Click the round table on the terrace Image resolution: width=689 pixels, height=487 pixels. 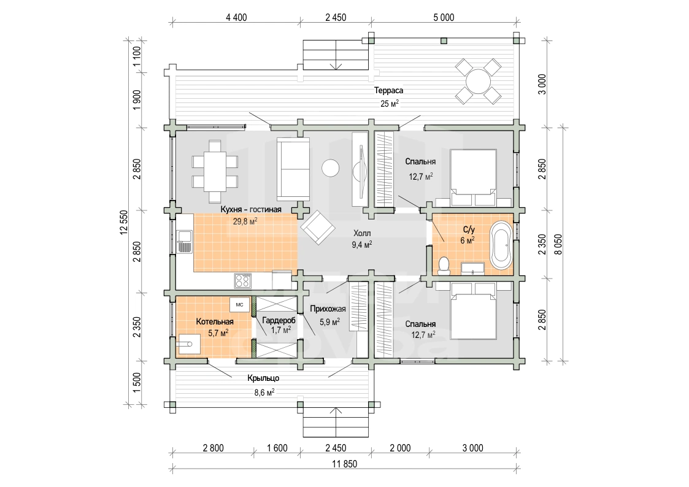[x=478, y=81]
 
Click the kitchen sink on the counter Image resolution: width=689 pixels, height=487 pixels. [x=184, y=242]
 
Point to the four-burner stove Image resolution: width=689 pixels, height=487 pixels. [x=242, y=280]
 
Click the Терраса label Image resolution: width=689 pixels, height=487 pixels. [x=388, y=90]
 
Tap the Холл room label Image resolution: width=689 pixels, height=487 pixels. [x=362, y=233]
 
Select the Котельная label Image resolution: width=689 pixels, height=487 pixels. [x=215, y=322]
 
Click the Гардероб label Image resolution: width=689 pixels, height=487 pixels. [x=279, y=321]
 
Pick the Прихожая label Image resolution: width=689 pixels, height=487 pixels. [x=328, y=309]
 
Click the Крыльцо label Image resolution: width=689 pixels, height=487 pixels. [x=263, y=378]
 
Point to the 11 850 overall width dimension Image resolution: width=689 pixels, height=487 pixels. [x=345, y=464]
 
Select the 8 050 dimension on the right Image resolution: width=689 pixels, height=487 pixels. [x=558, y=245]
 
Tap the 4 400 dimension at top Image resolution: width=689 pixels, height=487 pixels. [x=236, y=18]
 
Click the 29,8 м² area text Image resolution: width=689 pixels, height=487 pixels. [x=245, y=221]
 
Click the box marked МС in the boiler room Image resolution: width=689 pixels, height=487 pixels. [x=239, y=304]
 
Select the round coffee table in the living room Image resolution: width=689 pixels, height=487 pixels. [x=331, y=167]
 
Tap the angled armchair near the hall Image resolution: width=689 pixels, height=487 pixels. [x=318, y=227]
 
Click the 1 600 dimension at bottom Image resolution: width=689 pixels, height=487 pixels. [x=277, y=448]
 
